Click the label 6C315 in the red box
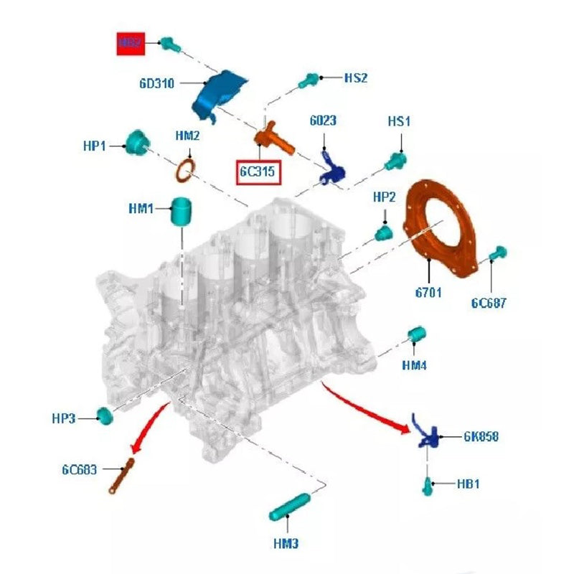[258, 171]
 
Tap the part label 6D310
[157, 83]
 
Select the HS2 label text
[356, 77]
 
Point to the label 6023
[323, 121]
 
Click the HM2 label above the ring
[188, 135]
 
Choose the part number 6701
[428, 292]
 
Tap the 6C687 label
[489, 303]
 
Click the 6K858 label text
[481, 436]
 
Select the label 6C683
[80, 471]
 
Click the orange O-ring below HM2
[187, 171]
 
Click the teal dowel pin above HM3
[289, 507]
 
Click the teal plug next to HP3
[105, 416]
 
